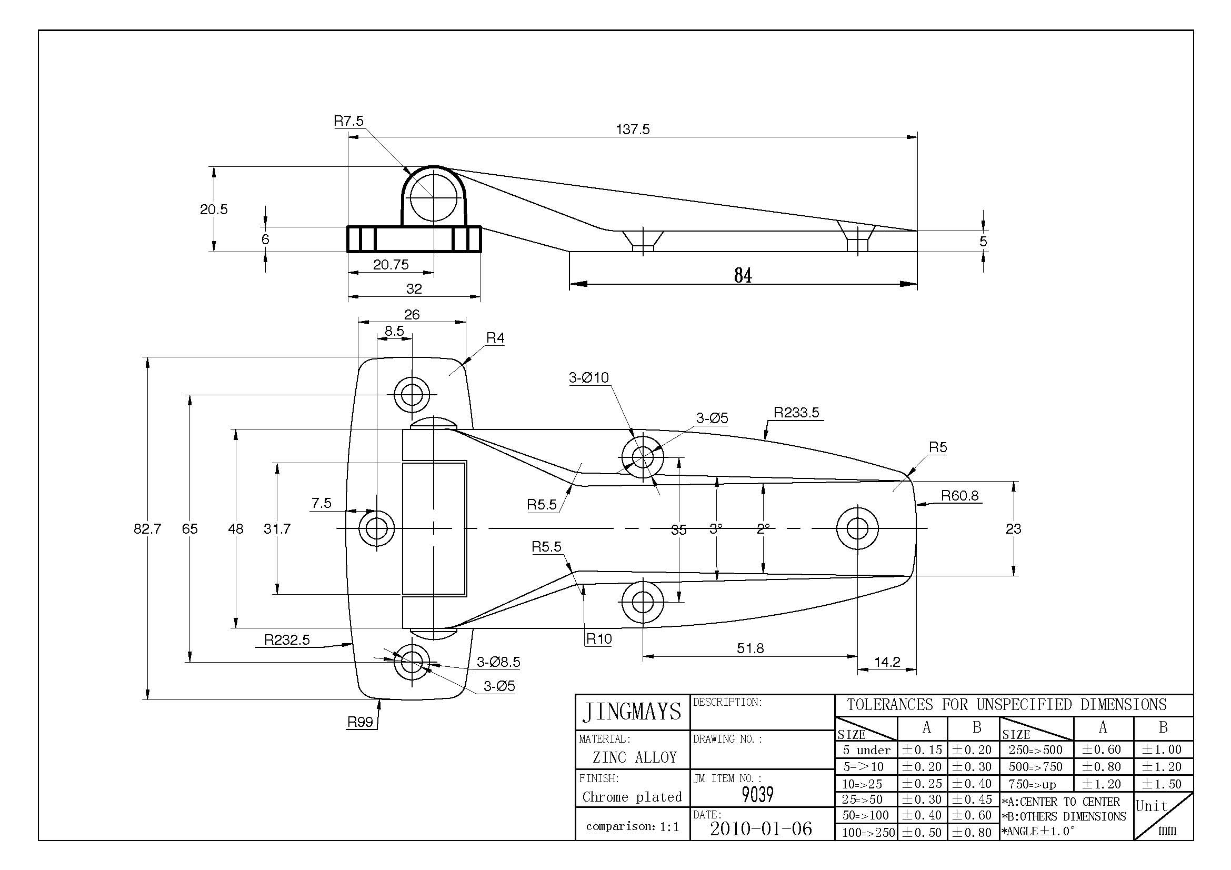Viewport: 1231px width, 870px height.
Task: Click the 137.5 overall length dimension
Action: pos(633,129)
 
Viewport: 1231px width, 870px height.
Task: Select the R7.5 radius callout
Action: pos(348,121)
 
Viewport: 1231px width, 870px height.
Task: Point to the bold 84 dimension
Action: pos(743,276)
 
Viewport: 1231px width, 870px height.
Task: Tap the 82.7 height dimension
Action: pos(147,529)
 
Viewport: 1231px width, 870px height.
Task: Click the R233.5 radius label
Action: pos(796,413)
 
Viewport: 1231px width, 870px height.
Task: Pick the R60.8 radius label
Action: pos(960,496)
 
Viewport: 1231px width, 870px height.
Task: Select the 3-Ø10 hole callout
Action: pos(589,378)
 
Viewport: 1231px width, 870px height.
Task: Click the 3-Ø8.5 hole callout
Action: pos(498,662)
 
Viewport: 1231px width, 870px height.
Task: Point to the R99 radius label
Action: pos(361,722)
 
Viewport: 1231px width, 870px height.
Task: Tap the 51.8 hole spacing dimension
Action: pos(750,648)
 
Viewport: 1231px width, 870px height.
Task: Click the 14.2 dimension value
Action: pos(887,662)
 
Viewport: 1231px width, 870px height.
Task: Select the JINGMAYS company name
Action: pos(632,712)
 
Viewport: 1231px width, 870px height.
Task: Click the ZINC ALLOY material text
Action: pos(635,757)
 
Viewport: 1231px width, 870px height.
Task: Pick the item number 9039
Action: pos(757,794)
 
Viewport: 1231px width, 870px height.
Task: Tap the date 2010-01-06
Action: pos(761,829)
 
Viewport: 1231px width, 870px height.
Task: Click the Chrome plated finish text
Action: pos(632,797)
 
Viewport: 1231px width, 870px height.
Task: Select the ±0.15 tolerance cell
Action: pos(922,750)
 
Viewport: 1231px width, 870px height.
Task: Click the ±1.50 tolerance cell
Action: pos(1162,784)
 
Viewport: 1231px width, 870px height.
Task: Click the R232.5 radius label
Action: pos(287,640)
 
